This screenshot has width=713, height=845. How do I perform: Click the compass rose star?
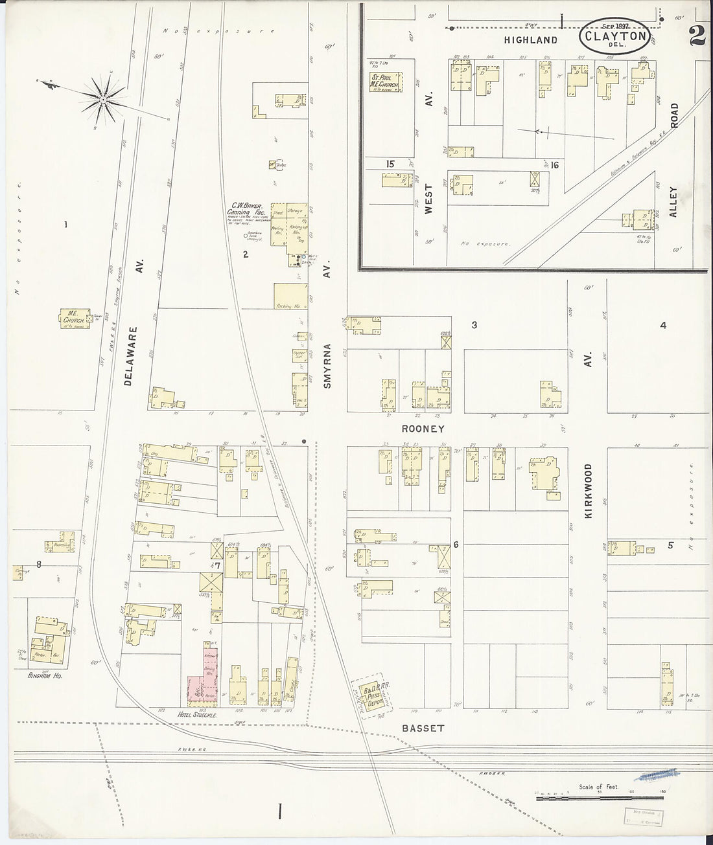(104, 98)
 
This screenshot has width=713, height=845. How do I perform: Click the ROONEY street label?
(423, 429)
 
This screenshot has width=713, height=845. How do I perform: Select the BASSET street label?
(423, 728)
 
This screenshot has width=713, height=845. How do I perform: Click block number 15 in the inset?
(390, 164)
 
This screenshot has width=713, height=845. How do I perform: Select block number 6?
(456, 545)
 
